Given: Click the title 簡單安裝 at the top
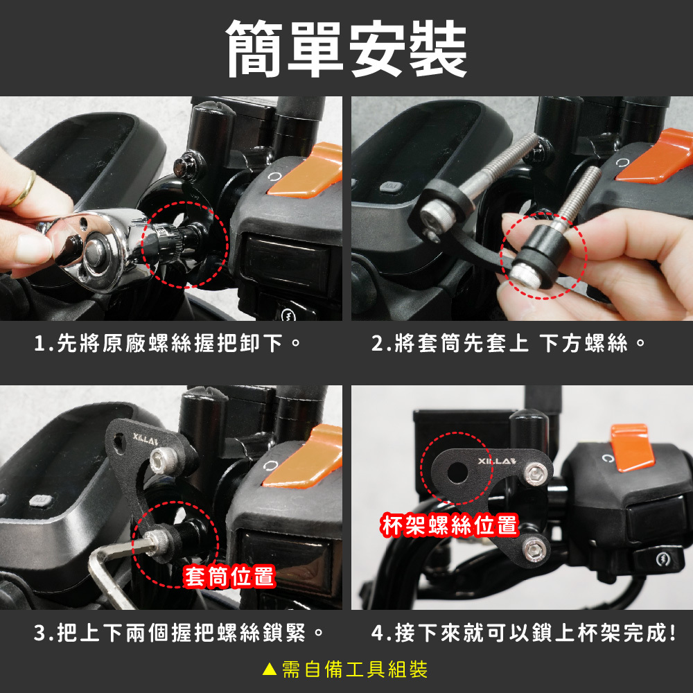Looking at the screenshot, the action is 346,49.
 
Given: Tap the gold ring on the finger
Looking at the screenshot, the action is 24,188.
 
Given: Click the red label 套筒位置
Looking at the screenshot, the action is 229,577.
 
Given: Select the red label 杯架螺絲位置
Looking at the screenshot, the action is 449,525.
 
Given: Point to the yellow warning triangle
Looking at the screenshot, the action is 269,669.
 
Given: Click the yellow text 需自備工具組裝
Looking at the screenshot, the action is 355,669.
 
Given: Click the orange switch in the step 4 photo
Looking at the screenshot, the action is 632,446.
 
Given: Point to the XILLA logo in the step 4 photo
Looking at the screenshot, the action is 497,462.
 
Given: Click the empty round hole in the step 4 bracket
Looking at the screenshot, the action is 457,473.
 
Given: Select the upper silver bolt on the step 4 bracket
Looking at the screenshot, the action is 536,474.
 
